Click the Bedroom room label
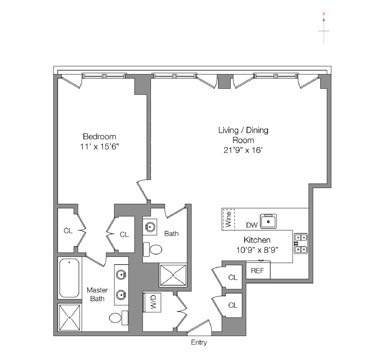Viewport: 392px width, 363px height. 100,136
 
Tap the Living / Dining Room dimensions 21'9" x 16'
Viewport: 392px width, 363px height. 243,150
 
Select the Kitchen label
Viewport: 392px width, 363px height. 257,240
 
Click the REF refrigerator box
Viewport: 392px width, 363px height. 258,270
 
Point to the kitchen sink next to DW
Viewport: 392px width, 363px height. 268,221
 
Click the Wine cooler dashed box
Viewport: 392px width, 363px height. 228,219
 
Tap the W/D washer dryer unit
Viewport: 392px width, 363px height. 152,302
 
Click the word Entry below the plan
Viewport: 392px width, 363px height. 199,342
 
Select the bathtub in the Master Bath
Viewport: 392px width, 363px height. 69,278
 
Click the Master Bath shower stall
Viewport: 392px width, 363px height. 69,317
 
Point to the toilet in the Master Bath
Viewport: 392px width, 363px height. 118,318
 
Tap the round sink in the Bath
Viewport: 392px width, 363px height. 150,227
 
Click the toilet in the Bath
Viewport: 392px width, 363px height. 153,249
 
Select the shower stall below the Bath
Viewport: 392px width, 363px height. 173,275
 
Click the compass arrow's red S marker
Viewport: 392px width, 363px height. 324,14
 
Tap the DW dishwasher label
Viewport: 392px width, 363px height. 252,225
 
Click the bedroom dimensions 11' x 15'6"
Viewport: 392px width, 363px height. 100,147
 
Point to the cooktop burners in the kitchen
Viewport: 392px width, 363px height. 301,244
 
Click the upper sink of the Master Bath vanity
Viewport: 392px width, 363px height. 121,275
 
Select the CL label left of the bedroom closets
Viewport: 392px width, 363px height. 68,231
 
